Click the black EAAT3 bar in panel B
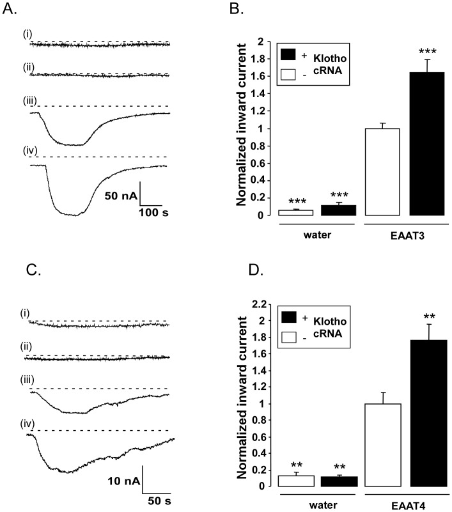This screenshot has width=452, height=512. point(426,144)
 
